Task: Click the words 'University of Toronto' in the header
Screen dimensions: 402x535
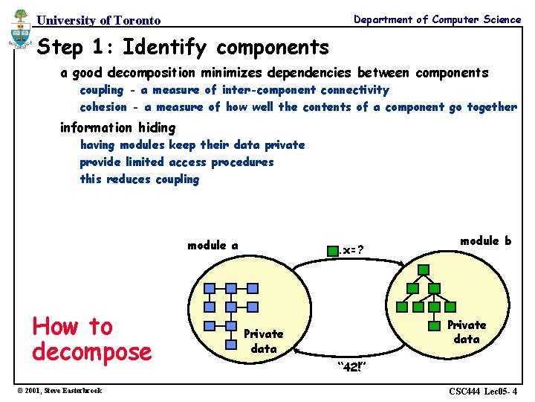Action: pyautogui.click(x=99, y=20)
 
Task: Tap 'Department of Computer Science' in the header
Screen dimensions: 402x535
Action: pyautogui.click(x=437, y=19)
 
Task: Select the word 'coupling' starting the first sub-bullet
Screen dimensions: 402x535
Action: pyautogui.click(x=102, y=90)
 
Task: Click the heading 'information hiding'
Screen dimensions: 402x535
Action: pyautogui.click(x=117, y=127)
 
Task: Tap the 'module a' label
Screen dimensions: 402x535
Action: pyautogui.click(x=213, y=246)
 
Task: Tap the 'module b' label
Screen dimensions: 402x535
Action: pyautogui.click(x=485, y=240)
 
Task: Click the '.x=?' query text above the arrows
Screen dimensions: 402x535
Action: pyautogui.click(x=354, y=249)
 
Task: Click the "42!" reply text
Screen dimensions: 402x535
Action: pyautogui.click(x=351, y=366)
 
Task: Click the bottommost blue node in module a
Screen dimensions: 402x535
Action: pyautogui.click(x=231, y=325)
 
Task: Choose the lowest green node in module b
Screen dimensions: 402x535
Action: pyautogui.click(x=433, y=325)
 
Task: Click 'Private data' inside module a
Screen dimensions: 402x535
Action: pyautogui.click(x=264, y=341)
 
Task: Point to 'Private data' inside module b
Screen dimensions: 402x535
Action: pyautogui.click(x=467, y=332)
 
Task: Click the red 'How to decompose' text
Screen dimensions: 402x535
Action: pyautogui.click(x=91, y=339)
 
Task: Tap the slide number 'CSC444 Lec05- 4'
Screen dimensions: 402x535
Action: pyautogui.click(x=483, y=391)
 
